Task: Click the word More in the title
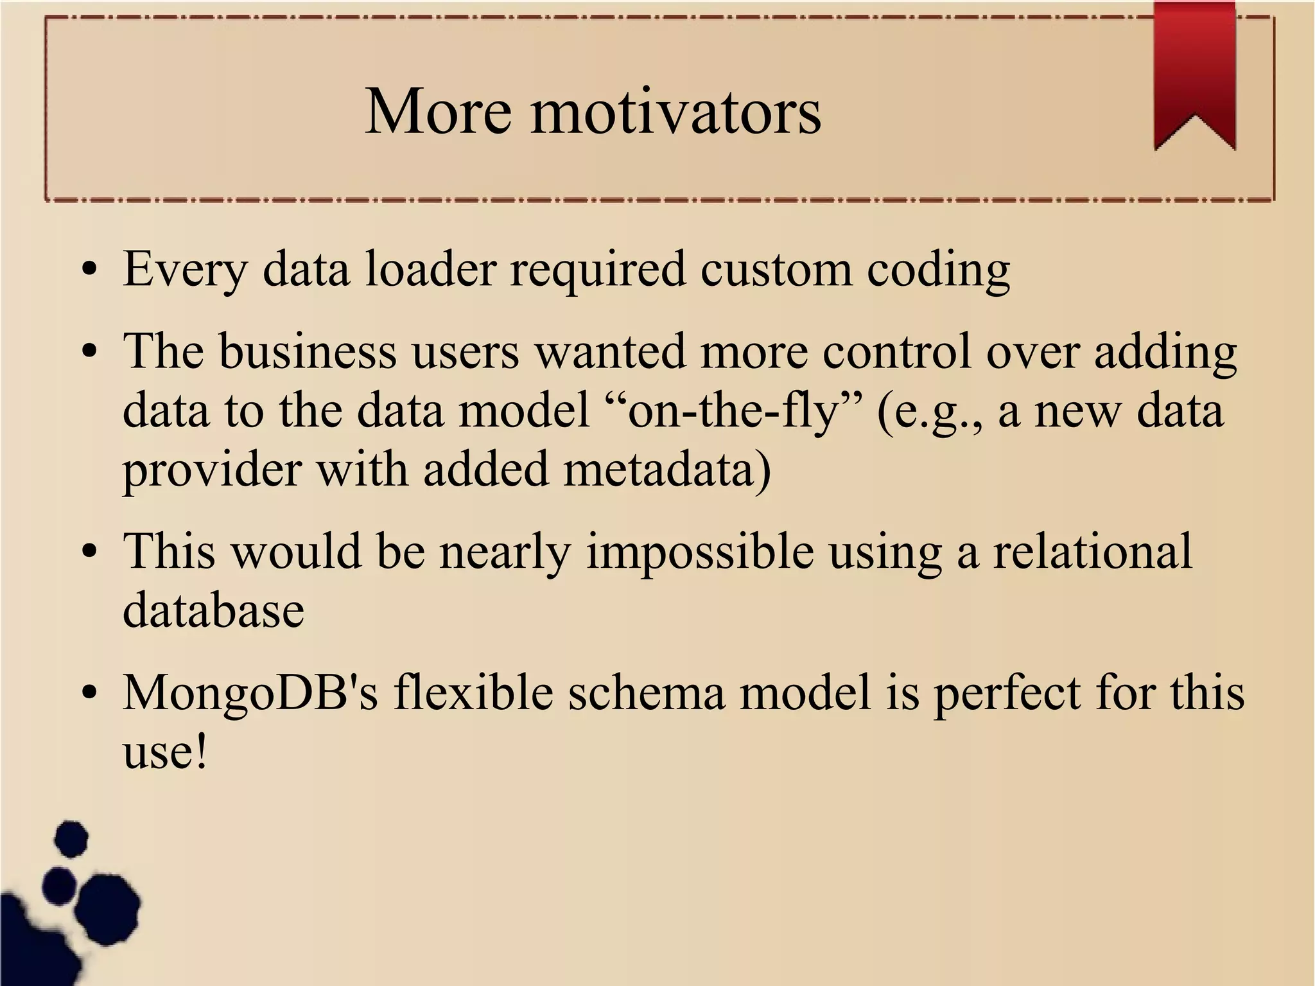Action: (438, 112)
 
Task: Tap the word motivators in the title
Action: (675, 112)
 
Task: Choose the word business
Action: (307, 351)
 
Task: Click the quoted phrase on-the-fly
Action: (734, 411)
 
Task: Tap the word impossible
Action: (700, 552)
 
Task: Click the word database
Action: (213, 610)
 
